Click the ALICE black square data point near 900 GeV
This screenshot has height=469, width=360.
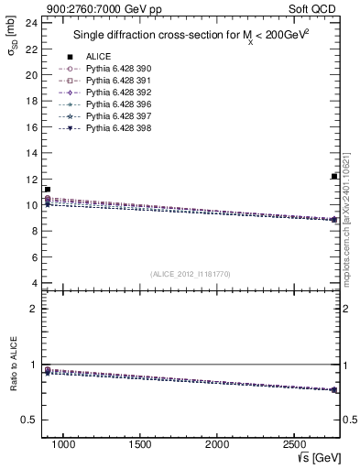coord(48,190)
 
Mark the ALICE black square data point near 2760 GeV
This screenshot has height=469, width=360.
coord(334,176)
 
